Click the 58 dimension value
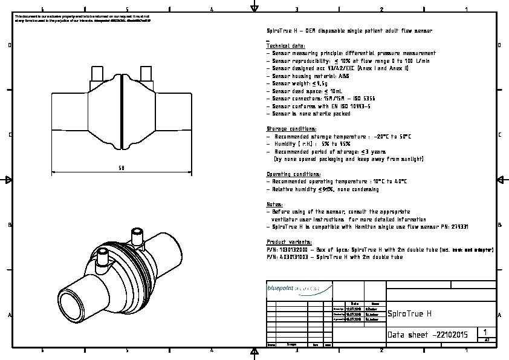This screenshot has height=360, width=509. click(122, 168)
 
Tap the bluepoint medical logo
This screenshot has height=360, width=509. click(300, 289)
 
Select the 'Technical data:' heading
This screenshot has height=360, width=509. click(286, 46)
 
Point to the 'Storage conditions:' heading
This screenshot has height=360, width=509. click(291, 129)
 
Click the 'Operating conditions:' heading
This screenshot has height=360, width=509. click(294, 174)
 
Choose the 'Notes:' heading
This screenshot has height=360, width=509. click(274, 205)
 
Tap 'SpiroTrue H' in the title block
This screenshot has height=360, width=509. click(410, 313)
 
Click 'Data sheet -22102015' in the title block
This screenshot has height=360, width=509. click(427, 335)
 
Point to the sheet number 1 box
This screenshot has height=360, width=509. click(486, 332)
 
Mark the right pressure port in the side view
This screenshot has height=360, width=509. click(146, 73)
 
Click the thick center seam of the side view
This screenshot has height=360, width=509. click(122, 112)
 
